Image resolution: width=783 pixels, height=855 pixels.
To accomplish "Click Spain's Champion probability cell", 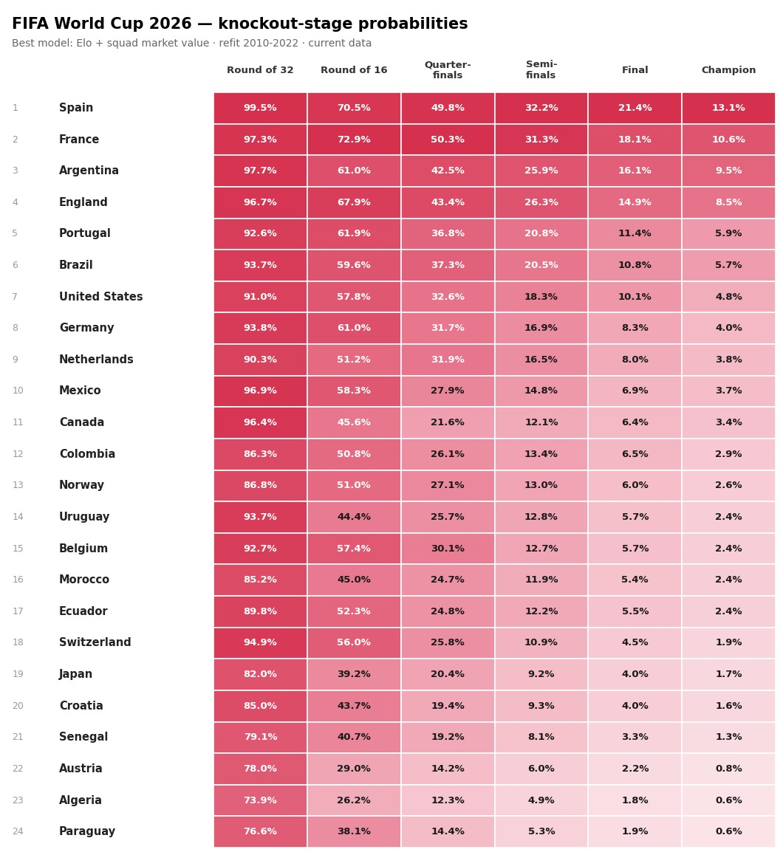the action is click(x=728, y=108).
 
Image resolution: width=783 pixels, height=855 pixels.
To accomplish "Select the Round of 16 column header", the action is click(x=354, y=70).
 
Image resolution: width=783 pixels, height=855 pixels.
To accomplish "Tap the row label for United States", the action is click(x=101, y=297).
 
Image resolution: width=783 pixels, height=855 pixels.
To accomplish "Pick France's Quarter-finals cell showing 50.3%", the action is click(x=448, y=140).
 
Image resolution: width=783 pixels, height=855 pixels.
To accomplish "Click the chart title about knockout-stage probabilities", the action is click(x=239, y=24).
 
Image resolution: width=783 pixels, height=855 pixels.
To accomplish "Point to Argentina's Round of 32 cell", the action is click(x=260, y=171).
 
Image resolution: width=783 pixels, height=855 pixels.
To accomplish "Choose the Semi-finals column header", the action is click(x=541, y=70).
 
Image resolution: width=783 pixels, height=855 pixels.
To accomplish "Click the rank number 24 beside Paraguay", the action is click(x=18, y=831).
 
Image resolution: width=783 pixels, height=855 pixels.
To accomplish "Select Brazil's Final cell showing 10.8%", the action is click(x=635, y=265).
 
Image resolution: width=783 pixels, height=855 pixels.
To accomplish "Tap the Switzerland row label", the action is click(x=95, y=642).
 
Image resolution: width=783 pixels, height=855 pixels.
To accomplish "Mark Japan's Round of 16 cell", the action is click(x=354, y=674).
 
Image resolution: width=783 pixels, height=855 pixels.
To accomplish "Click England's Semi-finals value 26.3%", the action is click(x=541, y=202).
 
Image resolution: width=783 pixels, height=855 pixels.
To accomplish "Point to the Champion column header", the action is click(x=728, y=70).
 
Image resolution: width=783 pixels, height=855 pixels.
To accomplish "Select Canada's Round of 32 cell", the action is click(x=260, y=422).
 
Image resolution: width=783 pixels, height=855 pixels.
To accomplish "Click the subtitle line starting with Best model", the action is click(x=191, y=43).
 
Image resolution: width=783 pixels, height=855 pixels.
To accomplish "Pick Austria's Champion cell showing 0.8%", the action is click(x=728, y=769).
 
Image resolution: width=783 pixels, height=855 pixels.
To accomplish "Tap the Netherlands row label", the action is click(x=96, y=360).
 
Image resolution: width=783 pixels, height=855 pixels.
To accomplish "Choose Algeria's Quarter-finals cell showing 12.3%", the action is click(x=448, y=800).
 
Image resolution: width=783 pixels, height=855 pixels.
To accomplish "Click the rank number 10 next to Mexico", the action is click(x=18, y=391).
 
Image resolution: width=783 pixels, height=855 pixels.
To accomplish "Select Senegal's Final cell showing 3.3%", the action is click(x=635, y=737).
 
